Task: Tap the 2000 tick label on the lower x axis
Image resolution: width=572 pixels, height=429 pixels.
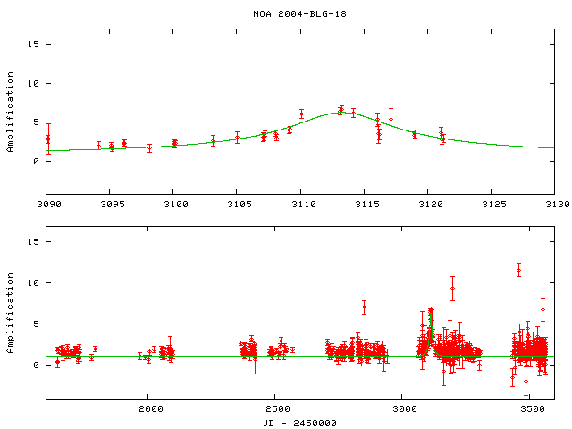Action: [x=149, y=409]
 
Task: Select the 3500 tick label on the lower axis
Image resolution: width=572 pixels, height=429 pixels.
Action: [x=531, y=409]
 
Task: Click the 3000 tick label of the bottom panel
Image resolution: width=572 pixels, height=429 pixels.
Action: [x=404, y=409]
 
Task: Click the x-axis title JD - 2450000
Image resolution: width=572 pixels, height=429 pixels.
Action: [x=300, y=422]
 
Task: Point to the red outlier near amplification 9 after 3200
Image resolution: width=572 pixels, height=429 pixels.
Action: [x=453, y=289]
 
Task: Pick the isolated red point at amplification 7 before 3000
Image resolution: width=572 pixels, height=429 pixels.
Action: [x=364, y=307]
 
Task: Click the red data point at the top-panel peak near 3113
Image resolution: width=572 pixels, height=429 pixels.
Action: [x=341, y=110]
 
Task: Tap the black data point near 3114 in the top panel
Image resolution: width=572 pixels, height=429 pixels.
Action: [x=353, y=113]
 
